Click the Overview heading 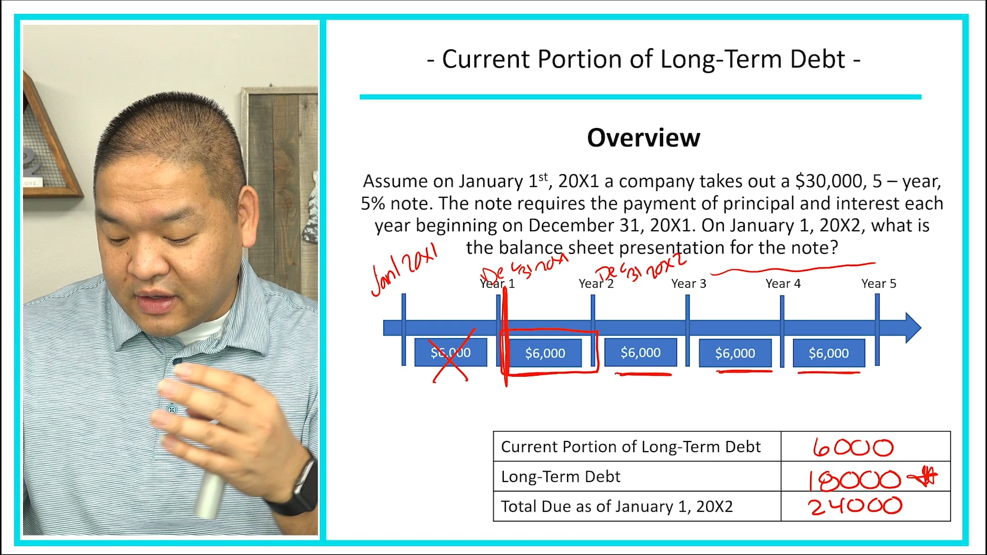tap(643, 138)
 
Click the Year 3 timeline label tap(688, 284)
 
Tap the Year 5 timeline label tap(879, 284)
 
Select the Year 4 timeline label tap(782, 284)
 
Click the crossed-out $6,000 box tap(450, 353)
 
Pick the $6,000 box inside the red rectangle tap(545, 353)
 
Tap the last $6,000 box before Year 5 tap(828, 353)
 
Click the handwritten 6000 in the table tap(853, 448)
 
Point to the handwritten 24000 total tap(854, 507)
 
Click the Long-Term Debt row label tap(560, 477)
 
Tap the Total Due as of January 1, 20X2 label tap(616, 507)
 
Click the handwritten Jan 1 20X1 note tap(404, 269)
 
